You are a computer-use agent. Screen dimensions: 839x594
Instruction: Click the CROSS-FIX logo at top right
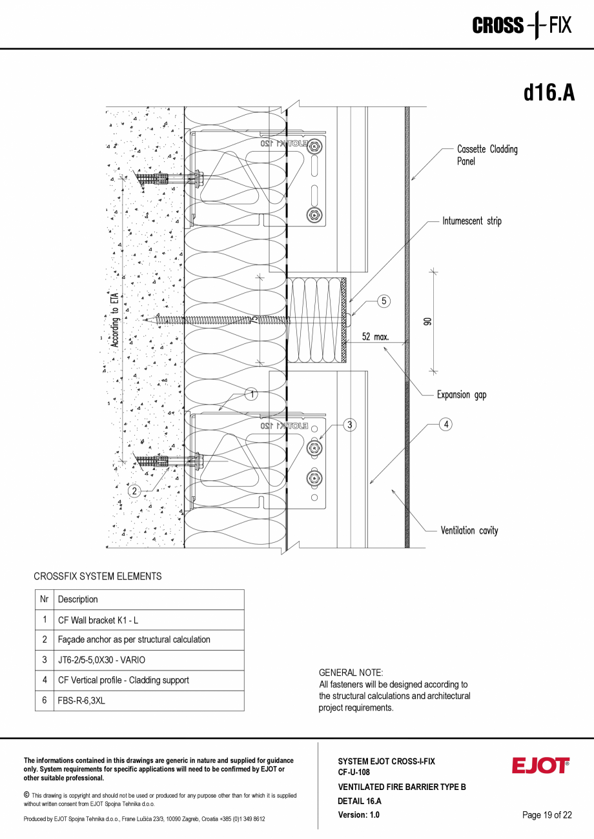click(522, 26)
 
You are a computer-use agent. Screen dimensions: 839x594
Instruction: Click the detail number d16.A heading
click(548, 93)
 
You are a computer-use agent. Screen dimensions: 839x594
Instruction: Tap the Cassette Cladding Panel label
click(487, 155)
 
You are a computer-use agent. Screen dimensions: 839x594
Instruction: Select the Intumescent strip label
click(471, 221)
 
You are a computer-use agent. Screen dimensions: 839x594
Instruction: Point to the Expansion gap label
click(461, 394)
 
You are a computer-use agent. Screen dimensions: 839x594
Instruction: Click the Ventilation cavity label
click(469, 531)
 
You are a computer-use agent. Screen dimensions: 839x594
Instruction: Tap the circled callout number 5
click(384, 301)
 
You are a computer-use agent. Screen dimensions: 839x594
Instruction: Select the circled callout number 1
click(252, 394)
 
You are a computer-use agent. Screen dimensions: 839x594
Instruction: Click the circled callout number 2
click(134, 491)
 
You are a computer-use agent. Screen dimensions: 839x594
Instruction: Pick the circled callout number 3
click(349, 425)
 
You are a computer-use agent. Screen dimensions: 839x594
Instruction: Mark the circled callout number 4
click(446, 424)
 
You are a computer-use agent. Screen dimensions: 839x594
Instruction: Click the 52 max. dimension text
click(375, 336)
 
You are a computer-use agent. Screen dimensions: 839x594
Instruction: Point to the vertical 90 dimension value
click(427, 321)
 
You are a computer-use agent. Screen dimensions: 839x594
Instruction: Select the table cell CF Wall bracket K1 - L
click(98, 620)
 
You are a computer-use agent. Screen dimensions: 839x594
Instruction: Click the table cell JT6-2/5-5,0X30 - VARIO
click(101, 660)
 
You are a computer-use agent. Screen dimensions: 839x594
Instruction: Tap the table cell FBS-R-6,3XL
click(81, 700)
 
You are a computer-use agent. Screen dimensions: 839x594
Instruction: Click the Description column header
click(78, 600)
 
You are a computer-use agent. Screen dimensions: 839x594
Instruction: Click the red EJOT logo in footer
click(540, 765)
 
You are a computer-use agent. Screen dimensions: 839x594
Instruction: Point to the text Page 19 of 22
click(547, 815)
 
